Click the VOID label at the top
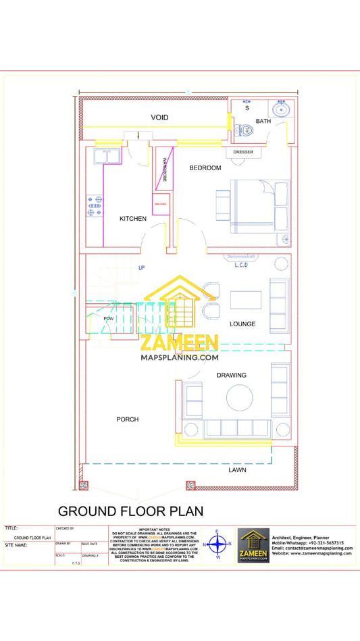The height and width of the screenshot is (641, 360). [159, 118]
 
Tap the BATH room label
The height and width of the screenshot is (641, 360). [263, 122]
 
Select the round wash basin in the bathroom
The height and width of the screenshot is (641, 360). [280, 109]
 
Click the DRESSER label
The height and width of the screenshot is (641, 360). [243, 152]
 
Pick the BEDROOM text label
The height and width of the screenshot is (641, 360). [205, 168]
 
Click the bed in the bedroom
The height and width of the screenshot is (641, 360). [260, 207]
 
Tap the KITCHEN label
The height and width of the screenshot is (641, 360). [133, 219]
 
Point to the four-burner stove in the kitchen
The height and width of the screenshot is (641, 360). [94, 206]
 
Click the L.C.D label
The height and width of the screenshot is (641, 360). [242, 265]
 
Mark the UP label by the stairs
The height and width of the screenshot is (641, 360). [142, 268]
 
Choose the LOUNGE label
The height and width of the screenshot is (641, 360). [242, 324]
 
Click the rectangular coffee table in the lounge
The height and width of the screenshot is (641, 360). [245, 299]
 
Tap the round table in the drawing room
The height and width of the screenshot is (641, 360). [240, 398]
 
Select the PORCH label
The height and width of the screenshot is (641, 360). [127, 419]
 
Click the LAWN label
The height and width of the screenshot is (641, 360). [237, 470]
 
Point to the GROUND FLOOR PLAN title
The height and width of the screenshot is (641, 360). [130, 511]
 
